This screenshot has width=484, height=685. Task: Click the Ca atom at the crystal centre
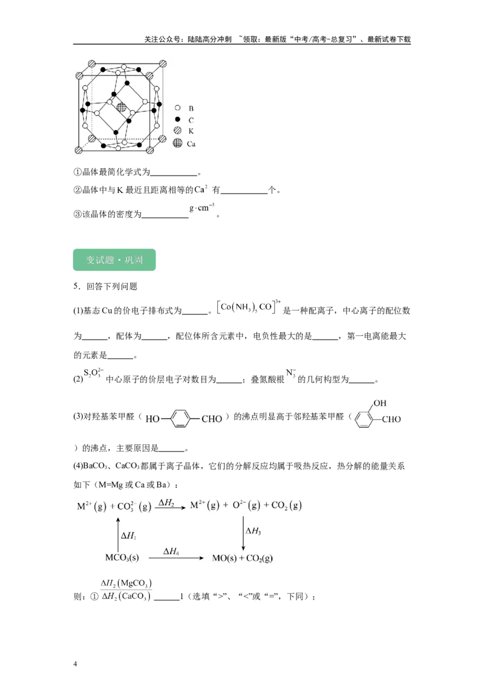point(122,107)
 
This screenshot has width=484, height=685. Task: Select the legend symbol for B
point(177,108)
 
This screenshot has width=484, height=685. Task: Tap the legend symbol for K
point(177,130)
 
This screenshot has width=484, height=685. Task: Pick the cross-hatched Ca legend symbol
point(177,143)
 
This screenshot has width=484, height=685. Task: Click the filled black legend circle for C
point(177,119)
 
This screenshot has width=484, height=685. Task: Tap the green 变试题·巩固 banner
point(114,260)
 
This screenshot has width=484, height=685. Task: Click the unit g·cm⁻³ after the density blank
point(201,207)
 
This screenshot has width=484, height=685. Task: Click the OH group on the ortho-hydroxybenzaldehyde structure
point(379,403)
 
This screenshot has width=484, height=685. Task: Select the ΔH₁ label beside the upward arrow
point(128,536)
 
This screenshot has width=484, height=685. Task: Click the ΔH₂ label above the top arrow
point(166,502)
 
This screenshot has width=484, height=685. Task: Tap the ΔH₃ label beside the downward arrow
point(253,531)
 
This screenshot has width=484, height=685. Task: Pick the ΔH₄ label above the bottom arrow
point(171,551)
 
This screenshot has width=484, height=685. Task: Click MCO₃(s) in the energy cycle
point(122,558)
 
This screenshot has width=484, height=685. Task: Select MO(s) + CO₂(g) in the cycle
point(243,558)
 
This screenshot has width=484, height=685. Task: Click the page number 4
point(75,664)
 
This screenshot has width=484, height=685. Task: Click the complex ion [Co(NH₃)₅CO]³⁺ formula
point(249,307)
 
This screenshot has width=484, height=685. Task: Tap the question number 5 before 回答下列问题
point(76,286)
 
